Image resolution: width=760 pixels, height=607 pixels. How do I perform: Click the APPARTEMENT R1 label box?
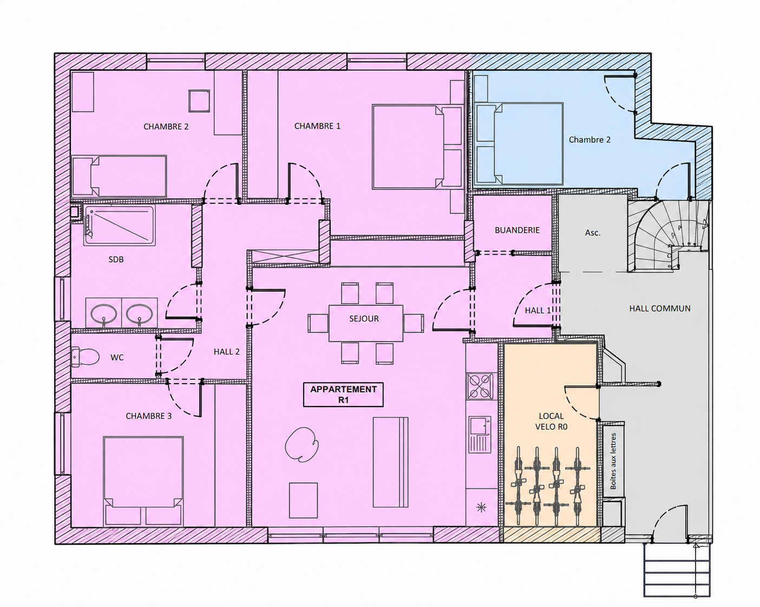343,395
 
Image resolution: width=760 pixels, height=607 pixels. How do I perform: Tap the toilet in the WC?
85,357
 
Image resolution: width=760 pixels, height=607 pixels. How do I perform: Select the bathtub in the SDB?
120,225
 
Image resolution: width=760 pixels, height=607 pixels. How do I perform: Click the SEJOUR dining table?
365,323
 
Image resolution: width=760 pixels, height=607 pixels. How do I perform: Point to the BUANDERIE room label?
517,230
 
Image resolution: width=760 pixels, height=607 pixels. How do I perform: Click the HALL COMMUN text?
660,308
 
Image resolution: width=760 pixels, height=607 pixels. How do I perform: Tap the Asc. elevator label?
593,233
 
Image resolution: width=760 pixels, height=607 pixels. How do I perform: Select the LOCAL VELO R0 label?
551,421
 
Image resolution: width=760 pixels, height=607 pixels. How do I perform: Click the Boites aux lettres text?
613,461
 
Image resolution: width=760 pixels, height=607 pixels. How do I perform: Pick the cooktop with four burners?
480,386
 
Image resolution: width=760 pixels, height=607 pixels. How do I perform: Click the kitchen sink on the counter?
480,434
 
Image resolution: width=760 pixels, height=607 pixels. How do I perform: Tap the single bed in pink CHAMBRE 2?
119,176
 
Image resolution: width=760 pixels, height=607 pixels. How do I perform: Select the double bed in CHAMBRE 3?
143,481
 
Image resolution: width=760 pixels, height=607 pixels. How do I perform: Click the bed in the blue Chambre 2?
519,144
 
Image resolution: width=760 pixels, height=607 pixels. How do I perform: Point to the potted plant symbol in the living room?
302,444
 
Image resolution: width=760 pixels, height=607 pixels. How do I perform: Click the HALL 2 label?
226,352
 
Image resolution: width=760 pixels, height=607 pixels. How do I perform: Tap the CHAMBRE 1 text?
317,126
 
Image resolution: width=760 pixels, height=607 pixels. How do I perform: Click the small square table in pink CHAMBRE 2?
200,101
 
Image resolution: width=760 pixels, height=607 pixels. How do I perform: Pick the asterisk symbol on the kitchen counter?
481,508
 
